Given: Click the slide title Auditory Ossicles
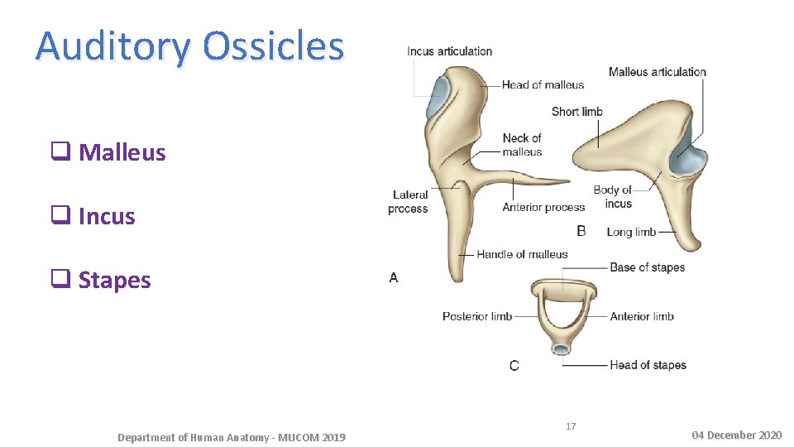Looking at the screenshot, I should pyautogui.click(x=189, y=46).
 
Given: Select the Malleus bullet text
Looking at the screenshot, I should pyautogui.click(x=122, y=153).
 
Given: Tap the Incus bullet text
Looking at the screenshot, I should pyautogui.click(x=106, y=217).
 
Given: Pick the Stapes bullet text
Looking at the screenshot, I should pyautogui.click(x=114, y=281).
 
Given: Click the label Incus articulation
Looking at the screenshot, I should pyautogui.click(x=449, y=51).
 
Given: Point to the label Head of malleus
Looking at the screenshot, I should pyautogui.click(x=543, y=84).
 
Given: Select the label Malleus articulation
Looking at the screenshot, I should pyautogui.click(x=657, y=72).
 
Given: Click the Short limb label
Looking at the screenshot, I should pyautogui.click(x=576, y=112).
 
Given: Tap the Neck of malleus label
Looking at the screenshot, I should pyautogui.click(x=522, y=145).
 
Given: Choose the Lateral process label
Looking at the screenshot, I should pyautogui.click(x=409, y=202).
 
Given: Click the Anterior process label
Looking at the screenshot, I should pyautogui.click(x=543, y=207).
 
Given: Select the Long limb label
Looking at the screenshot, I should pyautogui.click(x=631, y=232).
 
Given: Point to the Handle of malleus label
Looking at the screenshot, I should pyautogui.click(x=522, y=254).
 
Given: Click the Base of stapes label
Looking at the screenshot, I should pyautogui.click(x=647, y=267).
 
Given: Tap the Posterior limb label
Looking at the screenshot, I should pyautogui.click(x=476, y=316).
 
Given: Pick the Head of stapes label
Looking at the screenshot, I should pyautogui.click(x=648, y=365).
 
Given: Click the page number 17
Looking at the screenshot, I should pyautogui.click(x=571, y=426).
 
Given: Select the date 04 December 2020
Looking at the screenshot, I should pyautogui.click(x=736, y=435).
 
